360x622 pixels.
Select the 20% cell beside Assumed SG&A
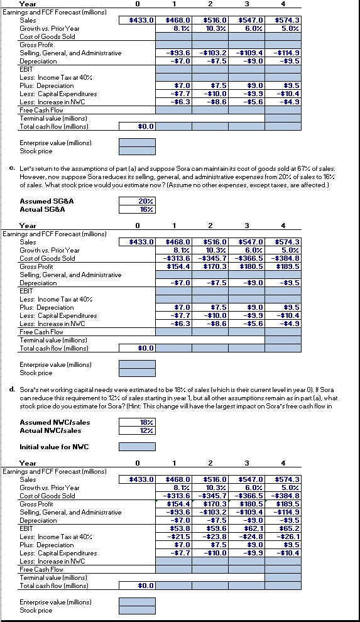coord(137,201)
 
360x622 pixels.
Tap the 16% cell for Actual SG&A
coord(137,209)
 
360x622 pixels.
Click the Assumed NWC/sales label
coord(50,423)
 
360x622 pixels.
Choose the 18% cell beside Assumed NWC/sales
coord(137,423)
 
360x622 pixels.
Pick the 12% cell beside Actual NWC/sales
coord(137,430)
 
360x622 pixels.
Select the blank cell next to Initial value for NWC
coord(137,447)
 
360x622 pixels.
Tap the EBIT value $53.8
coord(173,528)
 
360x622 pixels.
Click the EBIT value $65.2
coord(283,528)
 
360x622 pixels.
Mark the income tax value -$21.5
coord(173,537)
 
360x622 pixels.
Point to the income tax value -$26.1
coord(283,537)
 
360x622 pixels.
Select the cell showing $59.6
coord(210,528)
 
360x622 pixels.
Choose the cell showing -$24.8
coord(246,537)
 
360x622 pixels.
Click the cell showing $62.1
coord(246,528)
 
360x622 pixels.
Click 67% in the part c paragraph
coord(312,170)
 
